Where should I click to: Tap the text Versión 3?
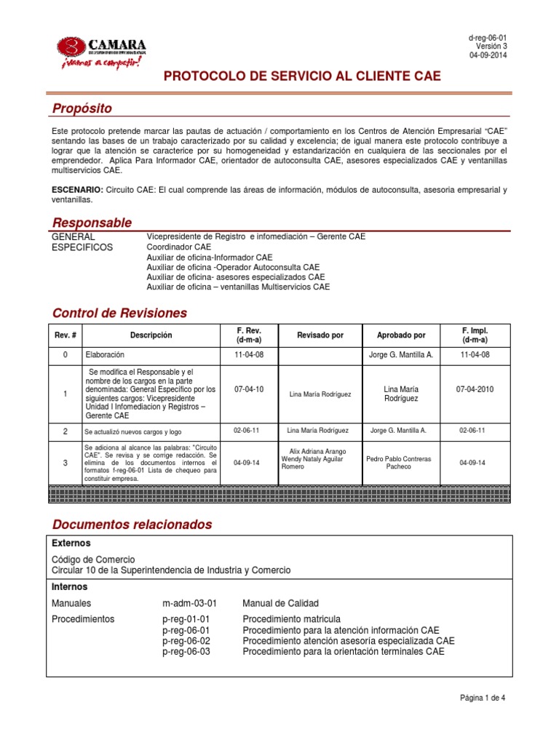coord(491,47)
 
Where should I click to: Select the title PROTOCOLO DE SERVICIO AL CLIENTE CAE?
coord(301,76)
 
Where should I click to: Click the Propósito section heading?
coord(82,109)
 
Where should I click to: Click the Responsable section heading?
coord(92,223)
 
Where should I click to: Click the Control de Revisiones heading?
coord(119,314)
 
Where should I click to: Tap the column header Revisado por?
coord(320,335)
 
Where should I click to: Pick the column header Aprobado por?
coord(401,335)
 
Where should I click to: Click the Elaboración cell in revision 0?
coord(105,355)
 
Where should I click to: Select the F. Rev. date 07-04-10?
coord(249,389)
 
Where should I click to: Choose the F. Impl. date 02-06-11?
coord(472,431)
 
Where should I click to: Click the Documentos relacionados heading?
coord(132,525)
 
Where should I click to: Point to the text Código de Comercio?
coord(94,559)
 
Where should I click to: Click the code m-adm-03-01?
coord(189,603)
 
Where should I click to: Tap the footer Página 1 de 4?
coord(483,698)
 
